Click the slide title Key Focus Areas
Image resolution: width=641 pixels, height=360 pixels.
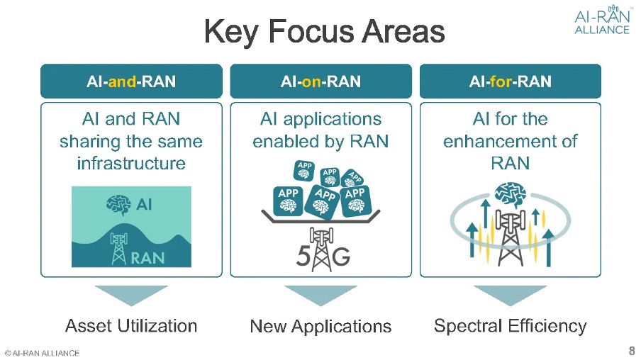(324, 32)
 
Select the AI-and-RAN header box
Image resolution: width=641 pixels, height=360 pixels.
(131, 81)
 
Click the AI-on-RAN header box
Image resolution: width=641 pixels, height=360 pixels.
(320, 81)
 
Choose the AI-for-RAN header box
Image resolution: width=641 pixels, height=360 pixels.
(510, 81)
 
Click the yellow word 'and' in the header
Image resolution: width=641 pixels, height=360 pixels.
(122, 81)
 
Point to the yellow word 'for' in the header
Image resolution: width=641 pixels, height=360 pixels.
(501, 81)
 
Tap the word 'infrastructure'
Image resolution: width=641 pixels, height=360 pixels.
(131, 164)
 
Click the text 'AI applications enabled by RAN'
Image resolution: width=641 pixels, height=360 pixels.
(320, 130)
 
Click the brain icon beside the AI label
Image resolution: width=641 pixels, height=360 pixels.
(118, 204)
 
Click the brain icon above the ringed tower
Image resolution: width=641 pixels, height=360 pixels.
(510, 193)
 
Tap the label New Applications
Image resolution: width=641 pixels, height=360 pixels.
(320, 327)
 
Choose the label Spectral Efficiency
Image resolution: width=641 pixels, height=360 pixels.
(510, 326)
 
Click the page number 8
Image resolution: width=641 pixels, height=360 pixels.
(631, 351)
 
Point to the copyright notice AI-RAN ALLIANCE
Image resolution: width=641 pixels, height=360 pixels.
(42, 353)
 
